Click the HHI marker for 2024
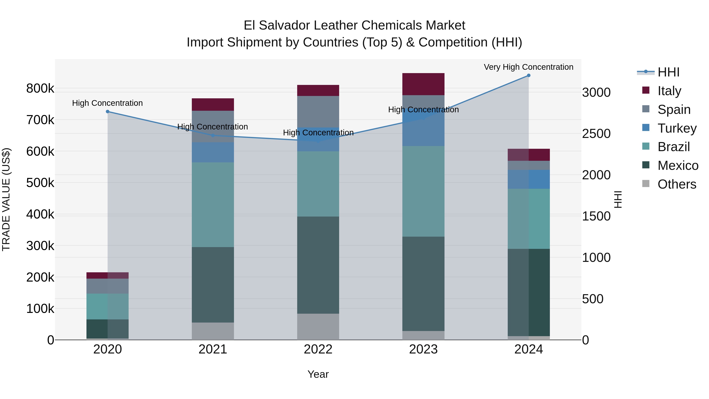coord(528,75)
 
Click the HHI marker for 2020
coord(108,112)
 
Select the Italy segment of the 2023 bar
coord(423,84)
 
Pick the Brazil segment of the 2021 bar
coord(213,204)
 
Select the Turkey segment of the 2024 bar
coord(528,179)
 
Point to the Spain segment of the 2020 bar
coord(108,286)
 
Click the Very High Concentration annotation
coord(528,67)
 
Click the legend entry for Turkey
coord(677,128)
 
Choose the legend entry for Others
coord(677,184)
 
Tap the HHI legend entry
coord(668,72)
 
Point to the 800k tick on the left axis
coord(40,89)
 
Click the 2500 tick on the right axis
coord(596,134)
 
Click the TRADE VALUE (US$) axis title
coord(6,199)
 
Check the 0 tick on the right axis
coord(586,340)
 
